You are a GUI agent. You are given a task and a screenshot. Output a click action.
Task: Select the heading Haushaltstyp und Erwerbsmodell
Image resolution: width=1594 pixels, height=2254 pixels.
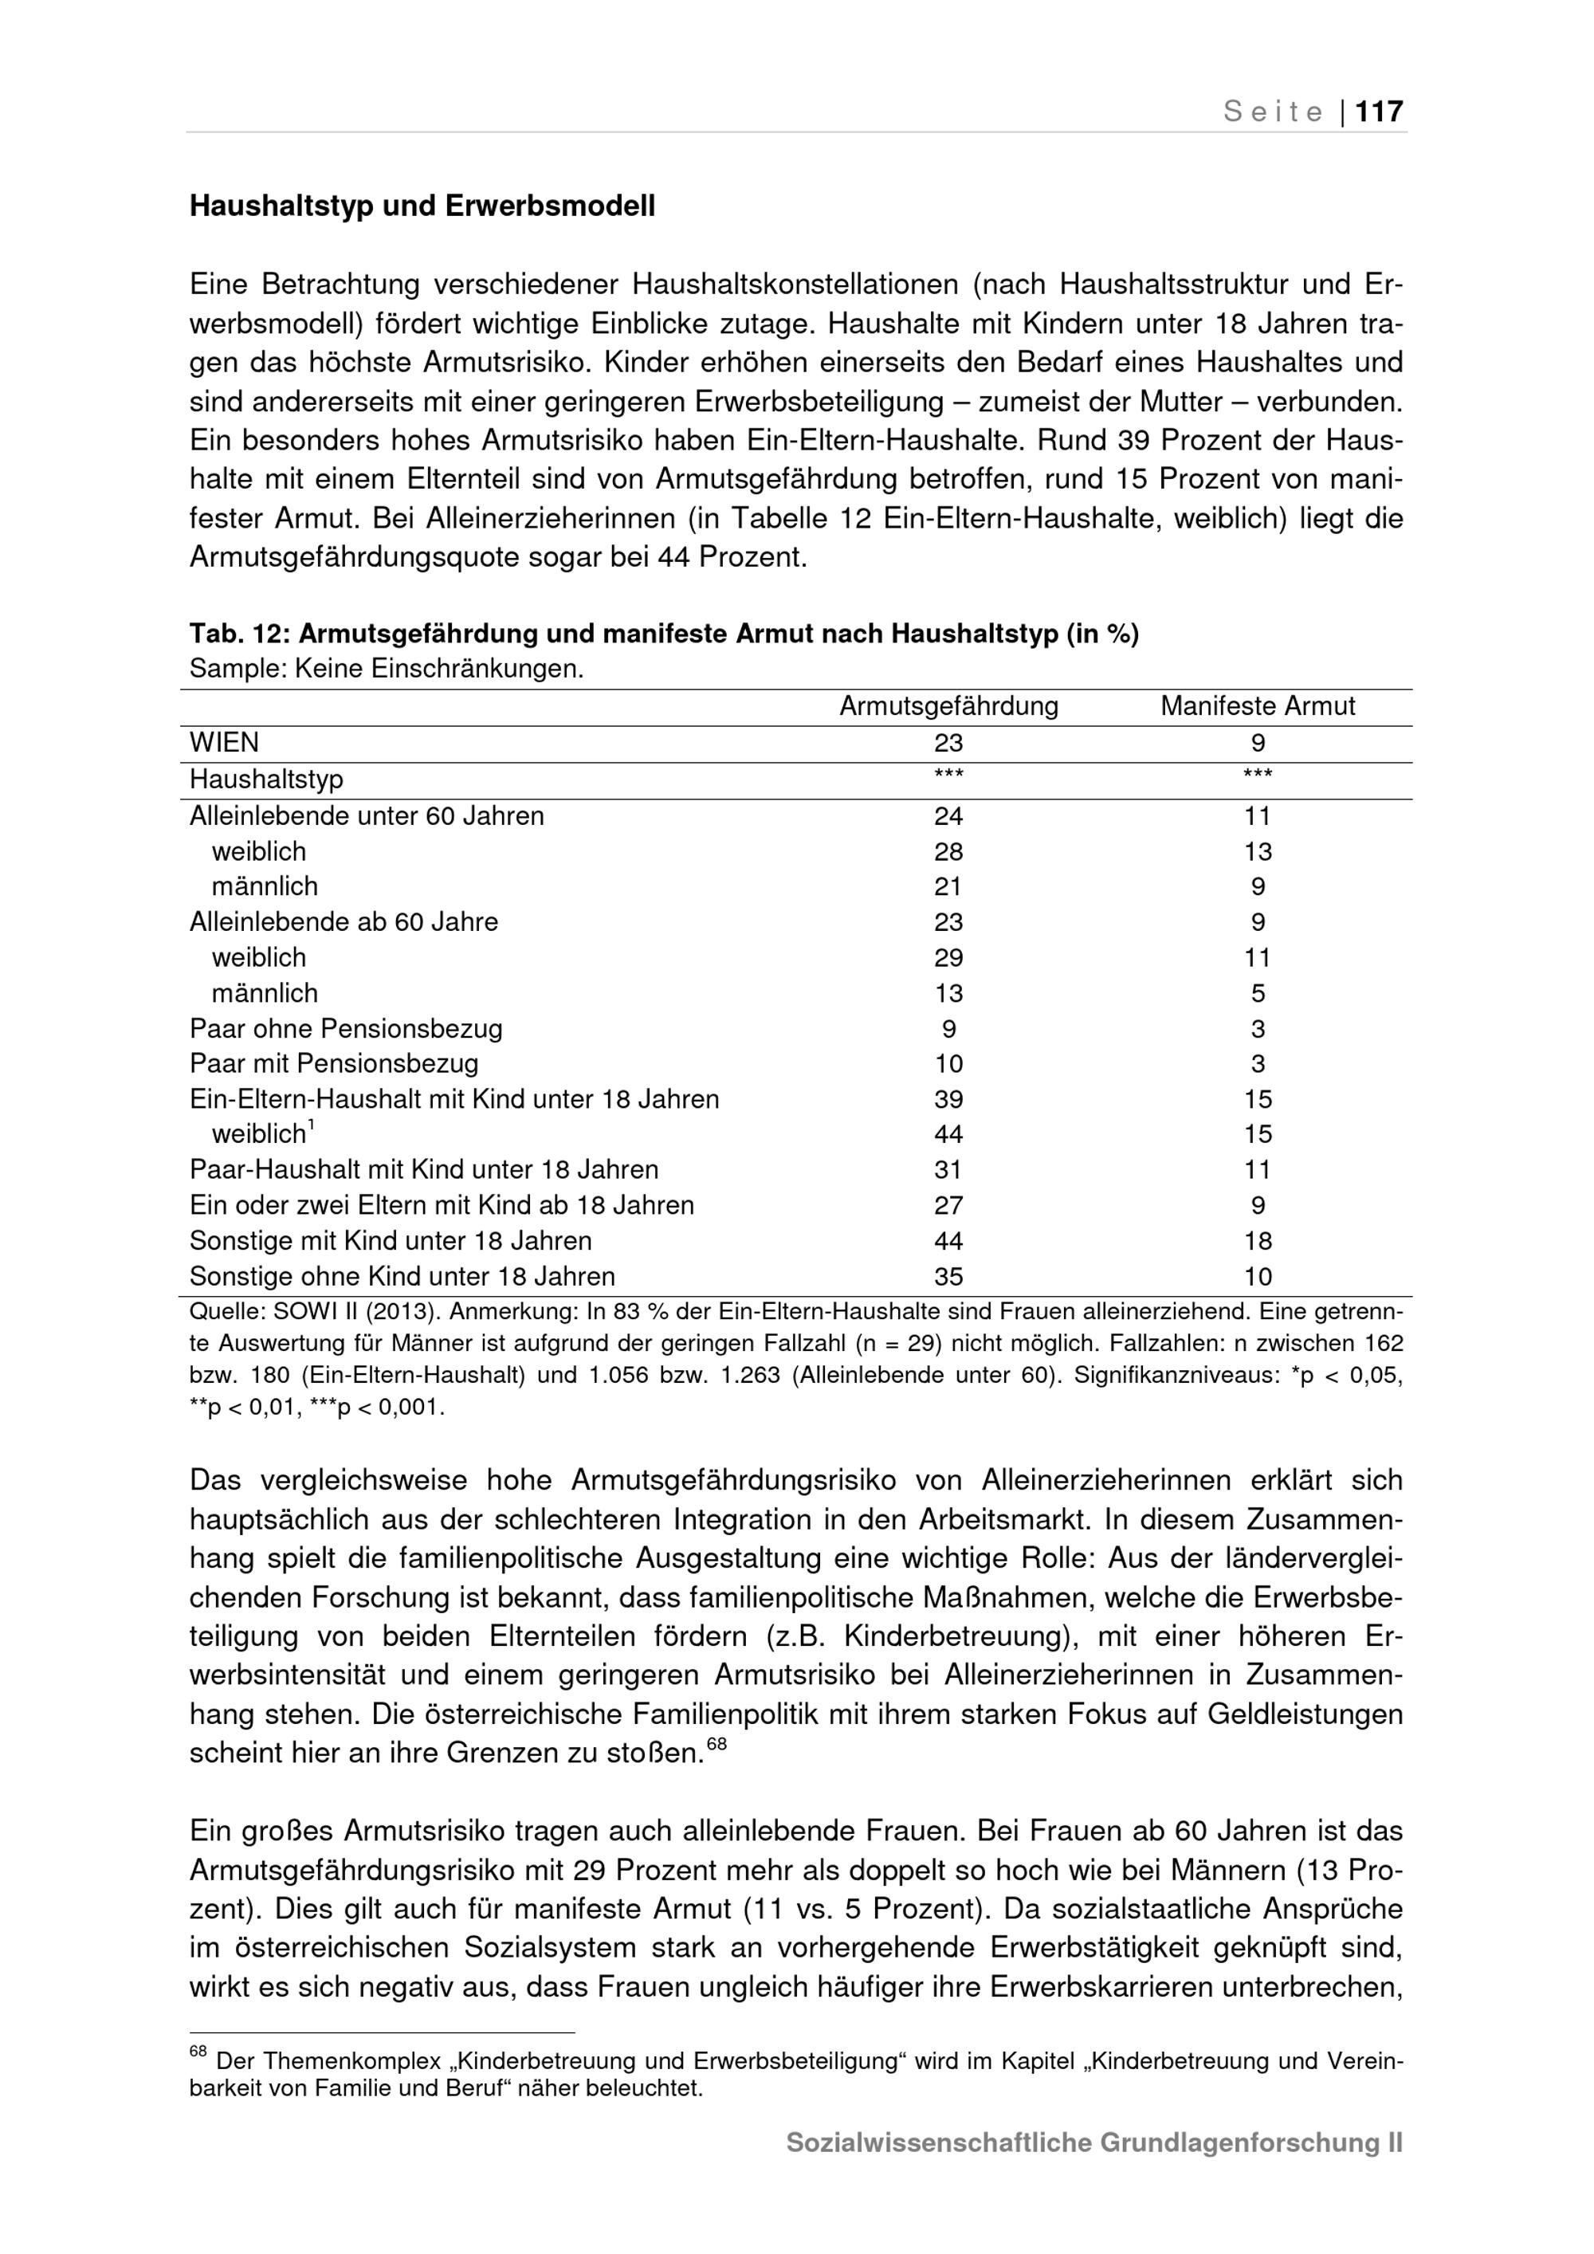pos(422,206)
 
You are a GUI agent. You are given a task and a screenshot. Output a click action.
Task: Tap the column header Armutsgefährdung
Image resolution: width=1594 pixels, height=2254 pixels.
pos(948,706)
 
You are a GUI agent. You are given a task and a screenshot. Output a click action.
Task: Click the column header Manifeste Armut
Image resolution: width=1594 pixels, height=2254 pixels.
pos(1258,706)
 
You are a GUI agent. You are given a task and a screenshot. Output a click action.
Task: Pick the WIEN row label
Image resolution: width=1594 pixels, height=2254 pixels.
pos(225,743)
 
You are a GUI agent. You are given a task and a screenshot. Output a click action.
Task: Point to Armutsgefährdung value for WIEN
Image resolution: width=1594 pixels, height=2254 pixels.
pos(948,743)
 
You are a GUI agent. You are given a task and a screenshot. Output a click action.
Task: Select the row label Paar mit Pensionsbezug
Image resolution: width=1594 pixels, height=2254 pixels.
pos(334,1064)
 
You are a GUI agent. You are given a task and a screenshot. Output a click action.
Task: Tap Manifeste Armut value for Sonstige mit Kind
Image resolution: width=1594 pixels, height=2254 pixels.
pos(1258,1241)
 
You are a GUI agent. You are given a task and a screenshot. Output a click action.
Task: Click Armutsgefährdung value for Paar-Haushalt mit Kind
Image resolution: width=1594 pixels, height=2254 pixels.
pos(948,1170)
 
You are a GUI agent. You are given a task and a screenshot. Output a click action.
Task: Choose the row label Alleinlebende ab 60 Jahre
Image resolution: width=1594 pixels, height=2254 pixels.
pos(344,922)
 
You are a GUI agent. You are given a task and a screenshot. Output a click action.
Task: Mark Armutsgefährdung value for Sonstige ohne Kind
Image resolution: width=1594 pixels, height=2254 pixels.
pos(948,1276)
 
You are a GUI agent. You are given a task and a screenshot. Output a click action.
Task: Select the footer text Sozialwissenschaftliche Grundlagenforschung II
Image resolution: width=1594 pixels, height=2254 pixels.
pos(1094,2142)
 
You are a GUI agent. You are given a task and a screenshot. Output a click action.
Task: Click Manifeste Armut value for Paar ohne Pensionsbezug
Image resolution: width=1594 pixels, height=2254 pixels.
pos(1258,1029)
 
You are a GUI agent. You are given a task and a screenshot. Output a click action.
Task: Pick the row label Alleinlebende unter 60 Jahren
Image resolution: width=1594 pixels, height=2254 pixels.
pos(366,816)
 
